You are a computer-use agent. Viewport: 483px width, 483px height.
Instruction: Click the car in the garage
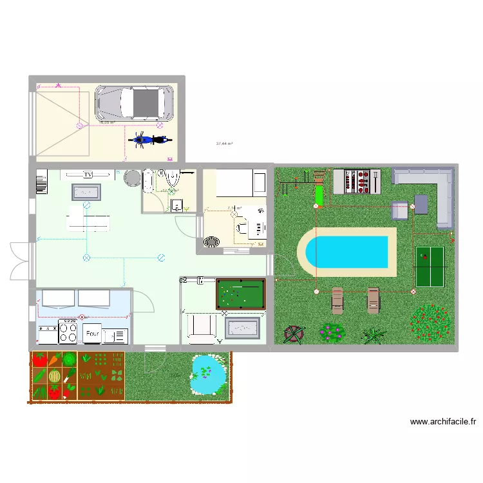pyautogui.click(x=135, y=103)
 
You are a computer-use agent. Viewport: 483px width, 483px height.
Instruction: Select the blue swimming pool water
pyautogui.click(x=348, y=251)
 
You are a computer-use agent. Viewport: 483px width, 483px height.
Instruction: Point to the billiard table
pyautogui.click(x=240, y=294)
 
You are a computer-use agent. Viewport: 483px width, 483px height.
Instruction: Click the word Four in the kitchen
pyautogui.click(x=93, y=334)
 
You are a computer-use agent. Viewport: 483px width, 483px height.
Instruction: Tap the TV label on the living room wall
pyautogui.click(x=88, y=175)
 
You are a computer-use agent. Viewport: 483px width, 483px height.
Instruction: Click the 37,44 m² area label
pyautogui.click(x=225, y=144)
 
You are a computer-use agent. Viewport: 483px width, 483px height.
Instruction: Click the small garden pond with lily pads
pyautogui.click(x=208, y=374)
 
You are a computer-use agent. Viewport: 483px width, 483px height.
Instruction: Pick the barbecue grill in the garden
pyautogui.click(x=357, y=181)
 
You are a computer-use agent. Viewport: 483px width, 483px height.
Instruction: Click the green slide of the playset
pyautogui.click(x=318, y=193)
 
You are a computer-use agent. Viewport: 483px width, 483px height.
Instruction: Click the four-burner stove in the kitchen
pyautogui.click(x=68, y=332)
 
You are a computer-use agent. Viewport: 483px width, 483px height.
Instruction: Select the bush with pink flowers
pyautogui.click(x=332, y=332)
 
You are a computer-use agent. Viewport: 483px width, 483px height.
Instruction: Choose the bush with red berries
pyautogui.click(x=431, y=321)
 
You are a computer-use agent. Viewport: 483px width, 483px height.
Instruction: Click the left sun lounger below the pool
pyautogui.click(x=337, y=300)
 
